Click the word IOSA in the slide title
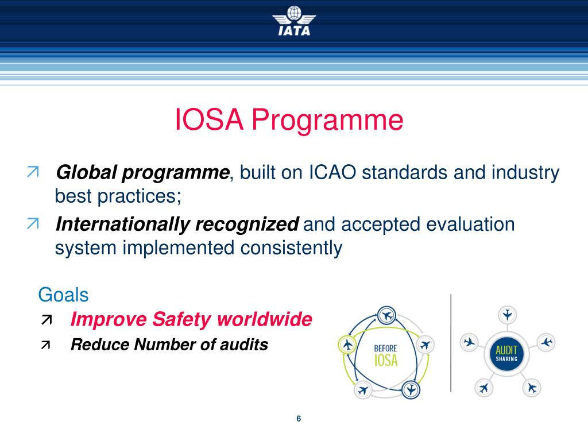point(207,121)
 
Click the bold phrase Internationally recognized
point(177,224)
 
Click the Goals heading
point(63,295)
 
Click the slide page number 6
point(299,419)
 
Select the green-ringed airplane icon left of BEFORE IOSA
point(347,345)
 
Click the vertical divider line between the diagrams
point(451,343)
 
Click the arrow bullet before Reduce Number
point(45,345)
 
